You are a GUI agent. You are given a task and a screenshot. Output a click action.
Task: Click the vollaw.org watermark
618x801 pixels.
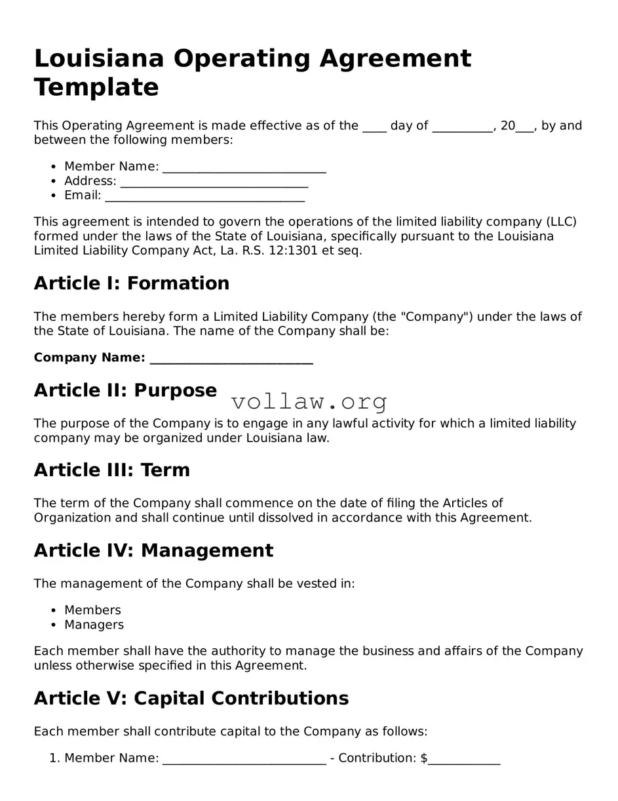pos(309,401)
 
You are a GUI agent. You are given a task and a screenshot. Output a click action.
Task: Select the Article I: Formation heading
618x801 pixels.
pos(132,283)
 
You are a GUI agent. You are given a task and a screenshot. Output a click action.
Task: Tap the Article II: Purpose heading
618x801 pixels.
pos(125,390)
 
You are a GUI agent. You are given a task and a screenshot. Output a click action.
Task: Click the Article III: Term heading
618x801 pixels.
pos(112,470)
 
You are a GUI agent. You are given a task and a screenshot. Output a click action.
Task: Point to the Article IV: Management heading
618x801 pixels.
pos(153,550)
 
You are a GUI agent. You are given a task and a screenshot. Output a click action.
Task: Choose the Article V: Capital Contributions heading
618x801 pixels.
pos(191,699)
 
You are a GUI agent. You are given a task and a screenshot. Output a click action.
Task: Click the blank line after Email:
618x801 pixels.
pos(204,195)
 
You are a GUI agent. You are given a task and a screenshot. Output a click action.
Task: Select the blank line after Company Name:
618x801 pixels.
pos(231,358)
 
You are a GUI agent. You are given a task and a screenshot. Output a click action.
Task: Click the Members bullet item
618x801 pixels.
pos(92,610)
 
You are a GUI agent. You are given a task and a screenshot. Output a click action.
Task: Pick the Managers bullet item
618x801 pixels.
pos(94,625)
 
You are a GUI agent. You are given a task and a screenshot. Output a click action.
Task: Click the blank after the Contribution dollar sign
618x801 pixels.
pos(464,759)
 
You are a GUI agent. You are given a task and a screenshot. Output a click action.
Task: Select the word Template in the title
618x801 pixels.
pos(96,87)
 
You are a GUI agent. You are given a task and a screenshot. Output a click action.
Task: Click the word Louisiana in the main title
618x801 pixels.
pos(98,58)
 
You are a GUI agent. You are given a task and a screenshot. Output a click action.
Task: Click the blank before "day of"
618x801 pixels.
pos(374,126)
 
